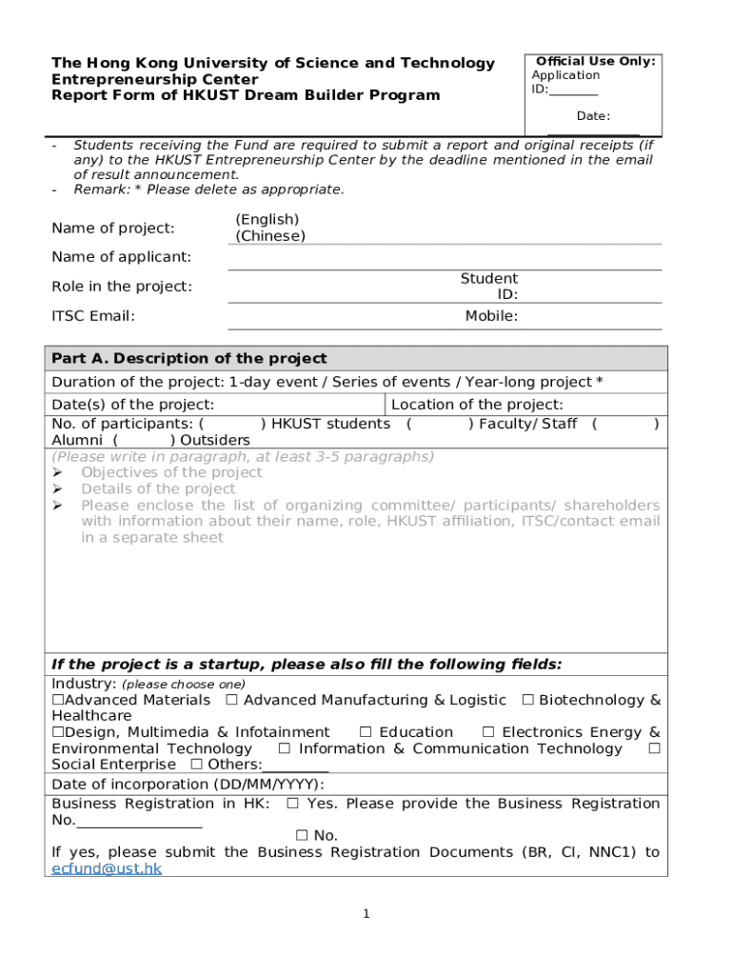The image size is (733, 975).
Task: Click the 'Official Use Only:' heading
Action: click(x=596, y=61)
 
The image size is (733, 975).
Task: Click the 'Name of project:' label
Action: click(x=112, y=228)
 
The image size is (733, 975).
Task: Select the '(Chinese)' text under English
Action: click(x=270, y=236)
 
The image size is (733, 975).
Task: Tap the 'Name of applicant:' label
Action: click(x=121, y=257)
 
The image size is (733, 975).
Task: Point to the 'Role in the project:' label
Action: click(x=121, y=287)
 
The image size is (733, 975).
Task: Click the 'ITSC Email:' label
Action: click(x=92, y=316)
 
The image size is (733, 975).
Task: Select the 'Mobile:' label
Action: click(x=491, y=316)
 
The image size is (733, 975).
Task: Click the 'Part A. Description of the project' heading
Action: click(x=188, y=359)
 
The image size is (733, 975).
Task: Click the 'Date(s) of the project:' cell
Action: click(x=132, y=405)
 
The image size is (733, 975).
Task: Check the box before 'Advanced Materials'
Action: click(x=57, y=701)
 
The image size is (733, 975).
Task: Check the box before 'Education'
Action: click(x=365, y=732)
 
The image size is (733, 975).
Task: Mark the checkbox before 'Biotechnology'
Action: click(x=527, y=701)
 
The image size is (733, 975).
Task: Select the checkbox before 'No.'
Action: click(x=301, y=836)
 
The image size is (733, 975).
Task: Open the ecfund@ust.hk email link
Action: click(x=107, y=868)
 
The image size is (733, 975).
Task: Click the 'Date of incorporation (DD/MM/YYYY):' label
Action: click(x=188, y=785)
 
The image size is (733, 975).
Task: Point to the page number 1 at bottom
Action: click(x=366, y=915)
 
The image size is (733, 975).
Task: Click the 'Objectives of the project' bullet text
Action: click(x=171, y=473)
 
